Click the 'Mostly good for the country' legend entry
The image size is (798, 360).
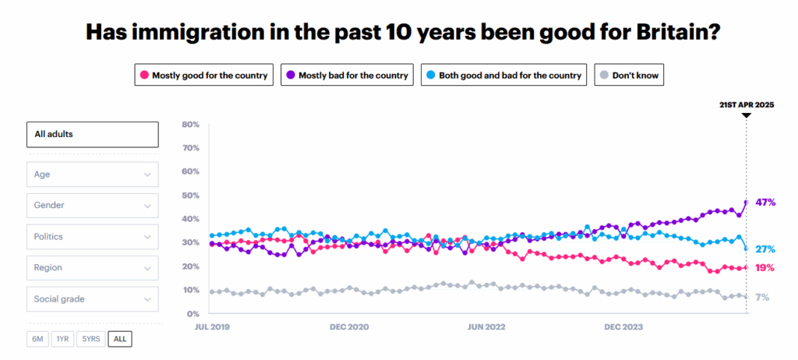click(x=203, y=76)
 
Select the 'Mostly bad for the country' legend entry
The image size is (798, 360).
click(x=346, y=76)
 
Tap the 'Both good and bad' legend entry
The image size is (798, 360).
click(x=503, y=76)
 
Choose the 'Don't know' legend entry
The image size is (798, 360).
click(x=629, y=76)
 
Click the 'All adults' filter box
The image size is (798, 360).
click(x=92, y=134)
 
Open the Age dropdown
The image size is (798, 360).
click(x=92, y=175)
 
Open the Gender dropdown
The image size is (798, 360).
click(x=92, y=206)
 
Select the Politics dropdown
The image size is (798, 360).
click(x=92, y=237)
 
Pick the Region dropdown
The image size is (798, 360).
click(x=92, y=268)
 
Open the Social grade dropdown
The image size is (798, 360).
click(x=92, y=299)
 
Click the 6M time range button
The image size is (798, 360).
click(x=37, y=339)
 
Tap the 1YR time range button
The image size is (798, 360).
click(x=62, y=339)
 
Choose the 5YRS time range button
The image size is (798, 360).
click(x=91, y=339)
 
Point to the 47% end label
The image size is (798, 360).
click(x=765, y=203)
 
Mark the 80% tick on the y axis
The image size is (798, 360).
click(x=191, y=125)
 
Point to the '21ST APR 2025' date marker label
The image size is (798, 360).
click(x=746, y=104)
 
